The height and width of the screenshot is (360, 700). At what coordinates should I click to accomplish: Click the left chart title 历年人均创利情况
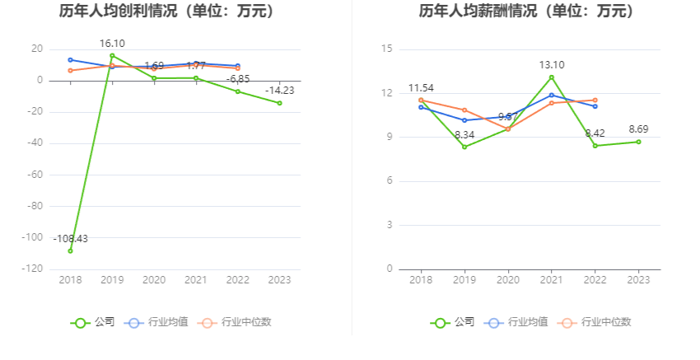pos(167,12)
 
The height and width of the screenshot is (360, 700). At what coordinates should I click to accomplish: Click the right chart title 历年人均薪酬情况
pos(526,12)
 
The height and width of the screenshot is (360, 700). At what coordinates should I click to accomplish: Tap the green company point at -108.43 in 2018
pos(70,250)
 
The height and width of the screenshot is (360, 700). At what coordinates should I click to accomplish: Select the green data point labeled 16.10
pos(112,55)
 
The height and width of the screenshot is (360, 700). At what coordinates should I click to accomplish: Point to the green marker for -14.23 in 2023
pos(279,103)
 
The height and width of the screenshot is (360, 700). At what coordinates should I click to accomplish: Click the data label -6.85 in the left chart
pos(239,79)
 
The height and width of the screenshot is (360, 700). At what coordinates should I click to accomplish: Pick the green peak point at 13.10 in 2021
pos(552,77)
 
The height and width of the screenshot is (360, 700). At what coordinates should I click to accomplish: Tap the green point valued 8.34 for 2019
pos(464,147)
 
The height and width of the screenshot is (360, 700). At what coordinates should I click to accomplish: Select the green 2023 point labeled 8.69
pos(638,142)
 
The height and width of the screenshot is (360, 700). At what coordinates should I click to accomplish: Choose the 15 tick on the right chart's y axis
pos(386,49)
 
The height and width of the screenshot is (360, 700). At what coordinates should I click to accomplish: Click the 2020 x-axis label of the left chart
pos(154,280)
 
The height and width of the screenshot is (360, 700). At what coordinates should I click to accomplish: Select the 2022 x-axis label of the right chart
pos(595,280)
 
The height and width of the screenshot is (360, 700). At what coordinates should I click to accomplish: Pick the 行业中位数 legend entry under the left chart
pos(236,322)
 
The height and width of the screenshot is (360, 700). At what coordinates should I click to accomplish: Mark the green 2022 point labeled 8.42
pos(595,146)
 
